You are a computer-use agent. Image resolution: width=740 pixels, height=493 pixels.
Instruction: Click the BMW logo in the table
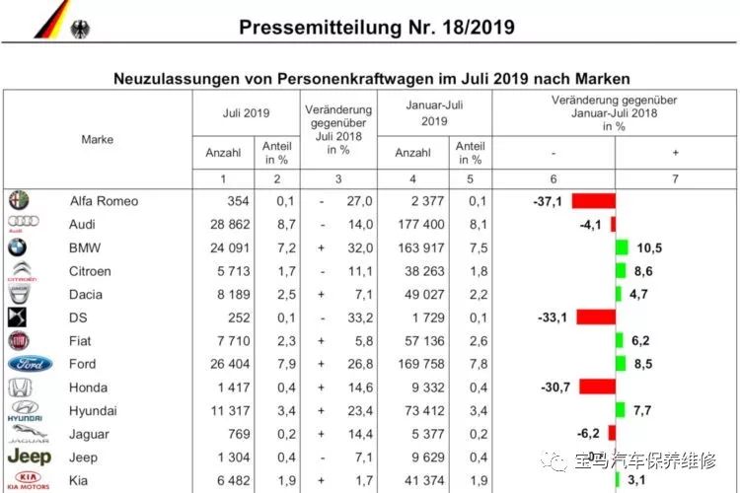click(17, 247)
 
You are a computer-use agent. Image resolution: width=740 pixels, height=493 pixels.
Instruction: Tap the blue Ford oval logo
click(31, 364)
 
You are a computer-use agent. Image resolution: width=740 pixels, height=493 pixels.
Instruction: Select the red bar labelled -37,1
click(594, 201)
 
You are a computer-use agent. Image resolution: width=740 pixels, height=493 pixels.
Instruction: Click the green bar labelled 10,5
click(622, 247)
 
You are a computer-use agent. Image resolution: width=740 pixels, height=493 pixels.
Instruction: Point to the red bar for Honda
click(598, 387)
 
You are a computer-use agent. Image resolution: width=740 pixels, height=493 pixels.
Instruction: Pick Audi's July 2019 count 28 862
click(230, 224)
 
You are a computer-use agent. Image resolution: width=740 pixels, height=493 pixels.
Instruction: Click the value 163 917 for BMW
click(421, 247)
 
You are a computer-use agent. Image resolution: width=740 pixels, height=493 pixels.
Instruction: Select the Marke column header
click(98, 140)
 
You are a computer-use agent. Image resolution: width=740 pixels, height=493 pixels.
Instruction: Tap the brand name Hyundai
click(93, 411)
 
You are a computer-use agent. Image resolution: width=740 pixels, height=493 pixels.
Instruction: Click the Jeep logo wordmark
click(30, 457)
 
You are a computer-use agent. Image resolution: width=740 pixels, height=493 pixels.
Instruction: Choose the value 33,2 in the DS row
click(360, 317)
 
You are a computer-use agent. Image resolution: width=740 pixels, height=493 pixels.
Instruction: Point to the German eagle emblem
click(80, 30)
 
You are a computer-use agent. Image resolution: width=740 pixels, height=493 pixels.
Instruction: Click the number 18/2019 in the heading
click(479, 28)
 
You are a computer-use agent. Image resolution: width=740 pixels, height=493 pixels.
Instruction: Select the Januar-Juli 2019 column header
click(434, 113)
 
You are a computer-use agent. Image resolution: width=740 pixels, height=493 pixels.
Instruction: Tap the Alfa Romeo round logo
click(19, 200)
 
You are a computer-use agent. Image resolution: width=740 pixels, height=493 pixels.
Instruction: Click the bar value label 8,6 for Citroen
click(643, 271)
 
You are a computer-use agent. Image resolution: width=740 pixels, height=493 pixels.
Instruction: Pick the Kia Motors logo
click(29, 480)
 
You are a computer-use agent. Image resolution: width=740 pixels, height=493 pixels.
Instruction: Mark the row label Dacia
click(86, 295)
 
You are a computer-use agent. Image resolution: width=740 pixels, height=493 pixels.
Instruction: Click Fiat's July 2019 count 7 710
click(234, 340)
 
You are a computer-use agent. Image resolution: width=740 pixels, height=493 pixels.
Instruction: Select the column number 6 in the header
click(554, 179)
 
